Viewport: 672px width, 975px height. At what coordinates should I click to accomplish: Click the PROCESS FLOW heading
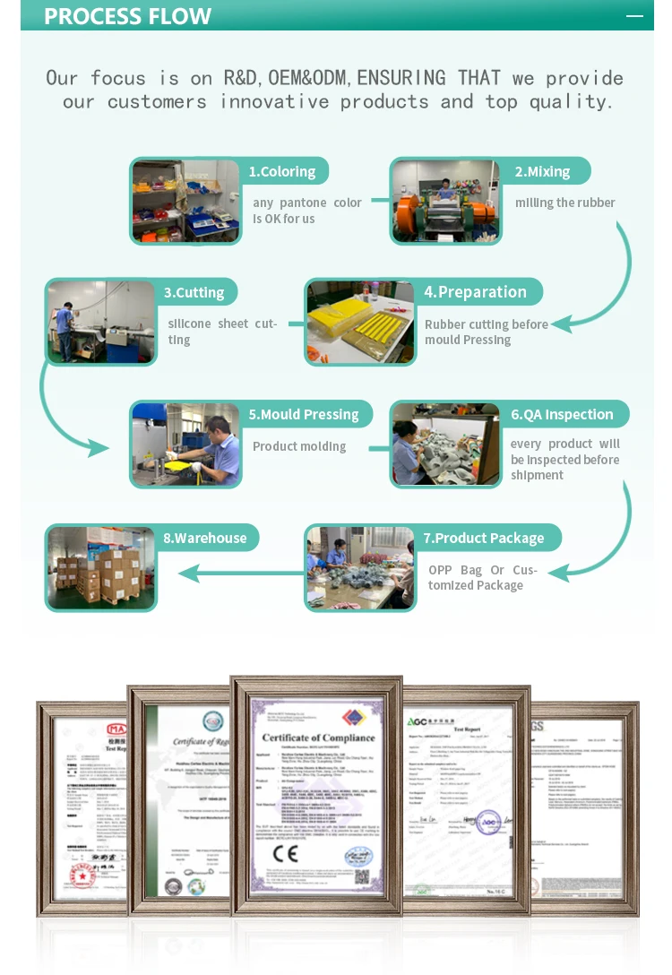click(127, 16)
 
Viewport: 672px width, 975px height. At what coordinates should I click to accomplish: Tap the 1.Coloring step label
click(282, 171)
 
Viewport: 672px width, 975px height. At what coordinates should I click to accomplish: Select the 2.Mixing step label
click(542, 171)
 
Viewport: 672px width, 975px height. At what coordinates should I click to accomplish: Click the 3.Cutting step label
click(194, 292)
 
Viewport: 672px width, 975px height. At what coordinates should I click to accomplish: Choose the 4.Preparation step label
click(475, 292)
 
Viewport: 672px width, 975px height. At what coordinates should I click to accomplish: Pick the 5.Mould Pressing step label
click(304, 414)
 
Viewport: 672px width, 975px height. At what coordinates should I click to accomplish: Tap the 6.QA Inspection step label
click(562, 414)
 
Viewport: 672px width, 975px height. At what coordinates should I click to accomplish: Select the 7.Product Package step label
click(484, 538)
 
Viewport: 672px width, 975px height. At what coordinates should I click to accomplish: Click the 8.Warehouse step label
click(204, 538)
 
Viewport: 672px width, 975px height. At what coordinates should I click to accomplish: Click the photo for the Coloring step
click(186, 202)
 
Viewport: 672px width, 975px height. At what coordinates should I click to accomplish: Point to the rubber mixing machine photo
click(445, 202)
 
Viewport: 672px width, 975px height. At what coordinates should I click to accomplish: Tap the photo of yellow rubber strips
click(360, 323)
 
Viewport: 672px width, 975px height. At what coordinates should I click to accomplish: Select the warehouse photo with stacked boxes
click(100, 568)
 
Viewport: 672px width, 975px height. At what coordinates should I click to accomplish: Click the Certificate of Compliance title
click(318, 738)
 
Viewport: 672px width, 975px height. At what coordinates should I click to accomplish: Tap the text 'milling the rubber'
click(564, 203)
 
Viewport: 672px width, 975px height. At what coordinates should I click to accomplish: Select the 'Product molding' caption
click(299, 446)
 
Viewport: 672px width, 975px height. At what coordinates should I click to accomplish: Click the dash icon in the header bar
click(634, 16)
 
